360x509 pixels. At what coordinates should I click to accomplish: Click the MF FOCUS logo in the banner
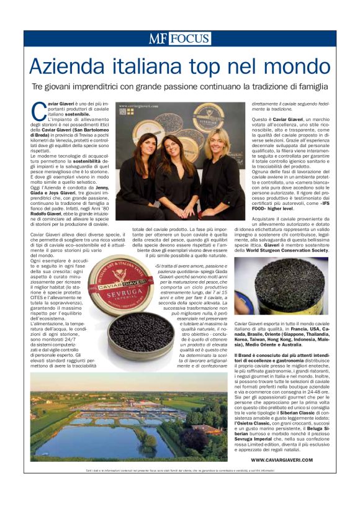coord(179,38)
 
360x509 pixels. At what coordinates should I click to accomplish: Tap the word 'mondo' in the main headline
coord(296,66)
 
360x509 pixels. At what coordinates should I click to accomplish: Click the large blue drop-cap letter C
coord(37,110)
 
